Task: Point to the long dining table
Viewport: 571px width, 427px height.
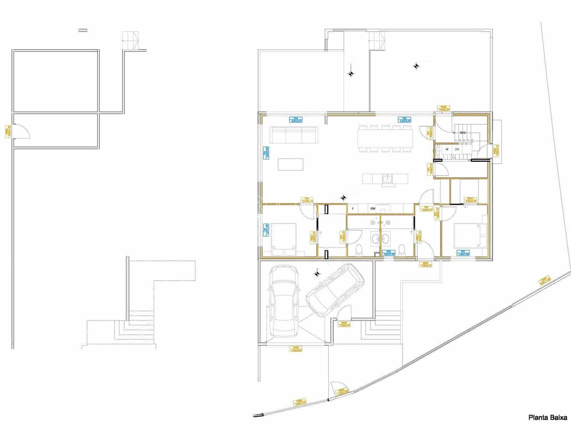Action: pyautogui.click(x=385, y=138)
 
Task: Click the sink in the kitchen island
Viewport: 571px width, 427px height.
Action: pyautogui.click(x=386, y=178)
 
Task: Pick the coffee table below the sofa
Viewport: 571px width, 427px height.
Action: pyautogui.click(x=291, y=164)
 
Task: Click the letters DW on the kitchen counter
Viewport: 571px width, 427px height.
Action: pyautogui.click(x=373, y=209)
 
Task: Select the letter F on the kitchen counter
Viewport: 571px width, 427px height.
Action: pyautogui.click(x=353, y=209)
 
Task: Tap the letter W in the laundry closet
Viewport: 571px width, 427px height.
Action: pyautogui.click(x=446, y=149)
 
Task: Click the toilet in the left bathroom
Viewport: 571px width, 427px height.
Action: pyautogui.click(x=360, y=249)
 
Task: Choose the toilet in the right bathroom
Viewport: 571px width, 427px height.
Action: pyautogui.click(x=402, y=249)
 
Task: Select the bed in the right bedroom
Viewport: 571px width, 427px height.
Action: pyautogui.click(x=466, y=235)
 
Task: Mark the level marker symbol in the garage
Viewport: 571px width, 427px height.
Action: pyautogui.click(x=317, y=274)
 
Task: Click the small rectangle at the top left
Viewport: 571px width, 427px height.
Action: pyautogui.click(x=82, y=30)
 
